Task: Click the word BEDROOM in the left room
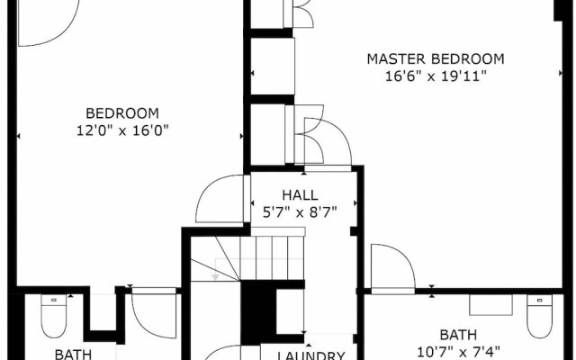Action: point(122,113)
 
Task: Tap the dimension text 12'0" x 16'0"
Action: point(122,130)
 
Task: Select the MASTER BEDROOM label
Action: point(436,59)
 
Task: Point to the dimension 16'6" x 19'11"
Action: point(436,76)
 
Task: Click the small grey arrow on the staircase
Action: point(216,275)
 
